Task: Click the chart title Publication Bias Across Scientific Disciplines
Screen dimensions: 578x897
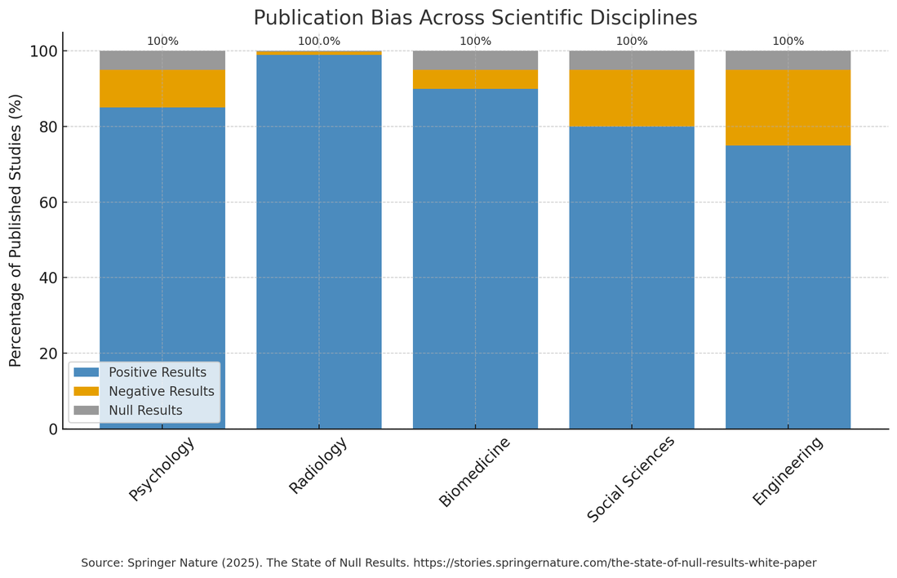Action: pyautogui.click(x=475, y=18)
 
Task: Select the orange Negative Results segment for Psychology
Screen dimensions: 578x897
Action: pyautogui.click(x=162, y=88)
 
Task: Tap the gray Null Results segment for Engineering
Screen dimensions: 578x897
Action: pyautogui.click(x=788, y=60)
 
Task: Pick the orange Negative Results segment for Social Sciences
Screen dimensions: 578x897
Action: pyautogui.click(x=632, y=98)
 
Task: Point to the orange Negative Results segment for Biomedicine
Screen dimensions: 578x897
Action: pyautogui.click(x=475, y=79)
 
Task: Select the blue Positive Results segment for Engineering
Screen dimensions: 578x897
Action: pyautogui.click(x=788, y=287)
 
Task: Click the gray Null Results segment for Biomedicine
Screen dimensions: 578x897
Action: pyautogui.click(x=475, y=60)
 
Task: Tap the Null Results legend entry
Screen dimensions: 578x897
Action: pyautogui.click(x=144, y=410)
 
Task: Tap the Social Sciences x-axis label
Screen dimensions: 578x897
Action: pyautogui.click(x=631, y=479)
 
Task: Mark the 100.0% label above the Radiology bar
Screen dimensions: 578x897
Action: pyautogui.click(x=319, y=41)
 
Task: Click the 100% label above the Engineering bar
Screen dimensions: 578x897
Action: pyautogui.click(x=788, y=41)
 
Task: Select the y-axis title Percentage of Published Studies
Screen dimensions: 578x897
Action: pyautogui.click(x=16, y=230)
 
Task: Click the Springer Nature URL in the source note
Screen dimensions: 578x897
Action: pyautogui.click(x=615, y=562)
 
